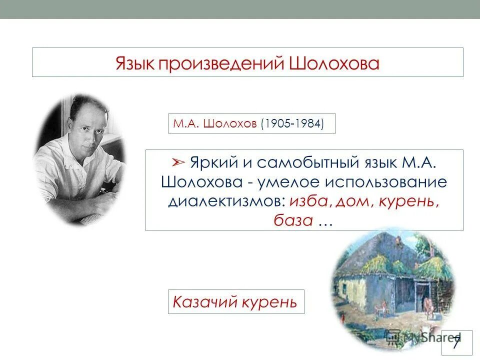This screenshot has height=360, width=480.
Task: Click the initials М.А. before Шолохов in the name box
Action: (x=184, y=123)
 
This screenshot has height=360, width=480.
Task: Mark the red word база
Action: (x=293, y=219)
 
